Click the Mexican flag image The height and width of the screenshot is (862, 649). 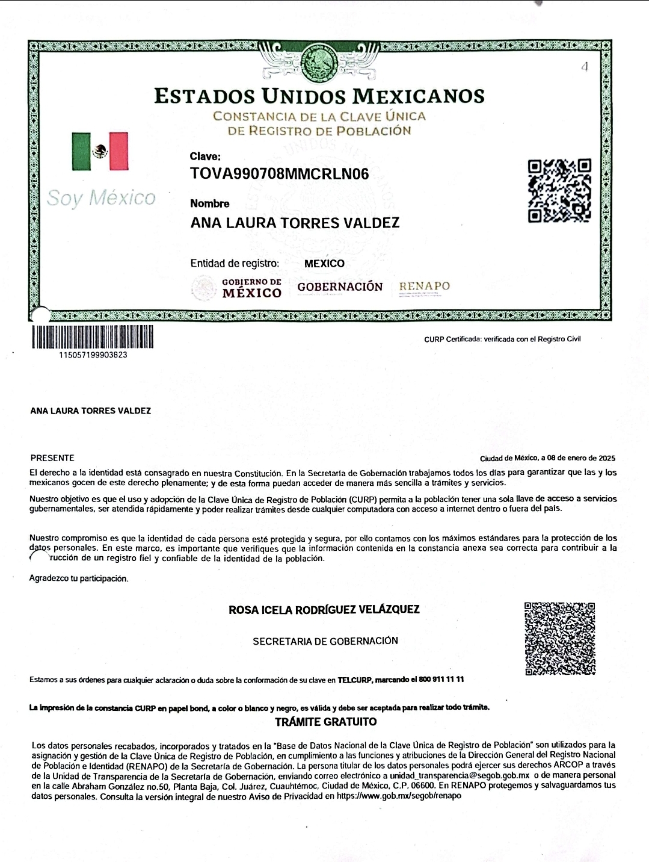[100, 151]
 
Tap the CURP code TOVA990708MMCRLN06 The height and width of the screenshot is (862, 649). [279, 175]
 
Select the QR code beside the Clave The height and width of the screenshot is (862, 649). [559, 190]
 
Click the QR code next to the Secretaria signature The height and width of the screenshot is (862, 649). [559, 639]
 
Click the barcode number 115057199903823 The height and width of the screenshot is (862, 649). [93, 355]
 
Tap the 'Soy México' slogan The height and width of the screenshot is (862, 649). [101, 197]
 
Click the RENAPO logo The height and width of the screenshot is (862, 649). [424, 287]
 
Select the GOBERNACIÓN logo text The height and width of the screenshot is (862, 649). [340, 287]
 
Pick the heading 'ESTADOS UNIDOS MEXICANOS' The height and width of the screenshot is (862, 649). [319, 96]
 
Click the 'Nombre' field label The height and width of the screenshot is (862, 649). [209, 203]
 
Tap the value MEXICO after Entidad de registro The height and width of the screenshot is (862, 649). [324, 263]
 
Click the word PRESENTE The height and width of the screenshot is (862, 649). [52, 458]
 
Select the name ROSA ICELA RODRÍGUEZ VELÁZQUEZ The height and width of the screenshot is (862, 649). [324, 609]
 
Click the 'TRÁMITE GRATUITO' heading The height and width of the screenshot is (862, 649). [325, 721]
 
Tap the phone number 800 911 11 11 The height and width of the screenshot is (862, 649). [441, 680]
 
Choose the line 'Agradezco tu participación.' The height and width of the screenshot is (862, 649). [79, 578]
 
